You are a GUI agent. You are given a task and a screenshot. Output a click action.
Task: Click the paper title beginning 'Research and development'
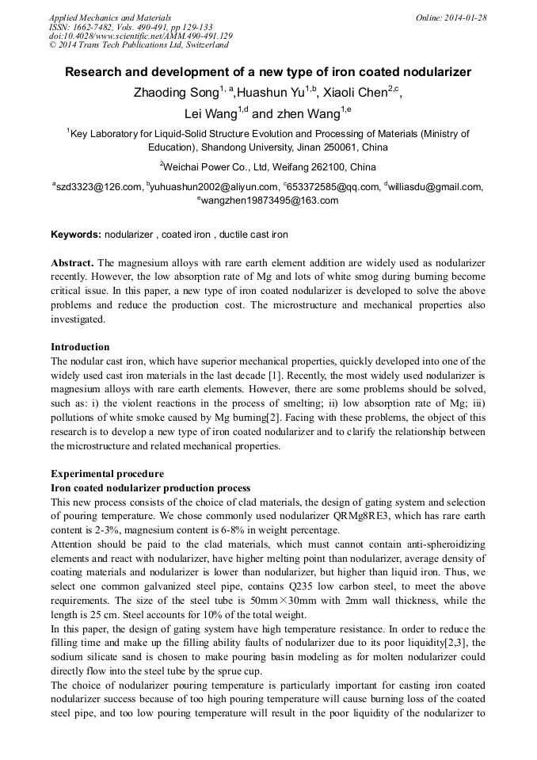pos(268,72)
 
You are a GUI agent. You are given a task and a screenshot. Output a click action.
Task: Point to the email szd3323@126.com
pos(99,188)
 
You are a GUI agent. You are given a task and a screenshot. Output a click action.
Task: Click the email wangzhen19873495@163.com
pos(269,201)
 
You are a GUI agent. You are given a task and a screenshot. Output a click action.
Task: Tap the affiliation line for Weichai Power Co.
pos(268,167)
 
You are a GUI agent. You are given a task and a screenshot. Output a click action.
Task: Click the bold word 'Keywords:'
pos(76,235)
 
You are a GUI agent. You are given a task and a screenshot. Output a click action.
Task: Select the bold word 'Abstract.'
pos(73,262)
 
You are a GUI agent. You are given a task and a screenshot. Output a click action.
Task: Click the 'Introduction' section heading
pos(80,347)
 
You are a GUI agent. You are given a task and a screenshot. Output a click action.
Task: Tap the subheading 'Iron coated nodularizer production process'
pos(150,488)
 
